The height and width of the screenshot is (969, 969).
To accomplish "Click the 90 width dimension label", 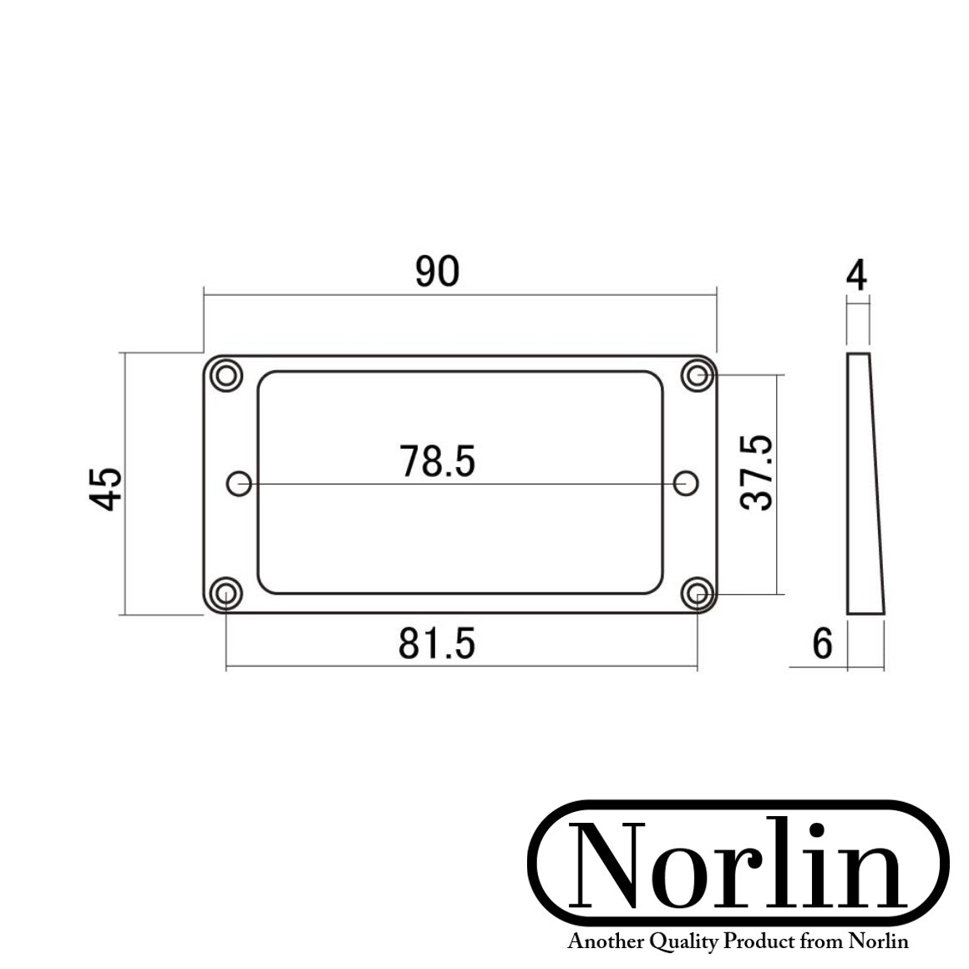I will [438, 272].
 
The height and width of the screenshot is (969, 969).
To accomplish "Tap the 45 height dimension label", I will [107, 488].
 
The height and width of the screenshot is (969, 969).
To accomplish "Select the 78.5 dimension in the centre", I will [437, 461].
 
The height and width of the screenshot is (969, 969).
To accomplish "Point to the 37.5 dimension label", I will [758, 474].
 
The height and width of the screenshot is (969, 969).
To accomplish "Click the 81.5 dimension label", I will [437, 643].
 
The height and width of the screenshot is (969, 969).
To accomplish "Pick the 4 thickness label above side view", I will [857, 276].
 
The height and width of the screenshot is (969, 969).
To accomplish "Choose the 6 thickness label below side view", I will [823, 644].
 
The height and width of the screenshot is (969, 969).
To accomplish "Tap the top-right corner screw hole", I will [697, 375].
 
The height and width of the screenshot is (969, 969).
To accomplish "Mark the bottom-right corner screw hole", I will [697, 593].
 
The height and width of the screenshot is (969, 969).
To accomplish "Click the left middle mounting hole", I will [240, 483].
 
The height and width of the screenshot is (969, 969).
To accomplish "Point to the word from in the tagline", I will [821, 942].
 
